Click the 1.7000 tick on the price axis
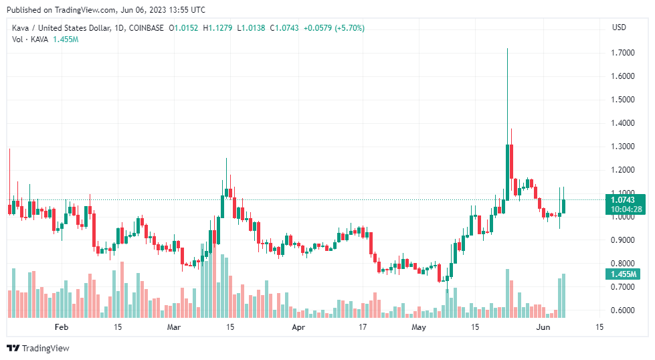[x=622, y=53]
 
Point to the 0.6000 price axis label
[x=622, y=310]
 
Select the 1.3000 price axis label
[x=622, y=147]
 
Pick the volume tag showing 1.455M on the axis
[x=622, y=274]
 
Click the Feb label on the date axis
[x=62, y=327]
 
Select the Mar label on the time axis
[x=174, y=327]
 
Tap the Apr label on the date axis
[x=298, y=327]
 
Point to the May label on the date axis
[x=419, y=327]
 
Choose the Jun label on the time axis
[x=543, y=327]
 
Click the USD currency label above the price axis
[x=619, y=27]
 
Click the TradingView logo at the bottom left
[x=39, y=348]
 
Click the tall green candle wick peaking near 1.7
[x=508, y=94]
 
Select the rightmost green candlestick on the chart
[x=564, y=206]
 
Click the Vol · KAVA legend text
[x=31, y=39]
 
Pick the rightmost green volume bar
[x=564, y=296]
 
